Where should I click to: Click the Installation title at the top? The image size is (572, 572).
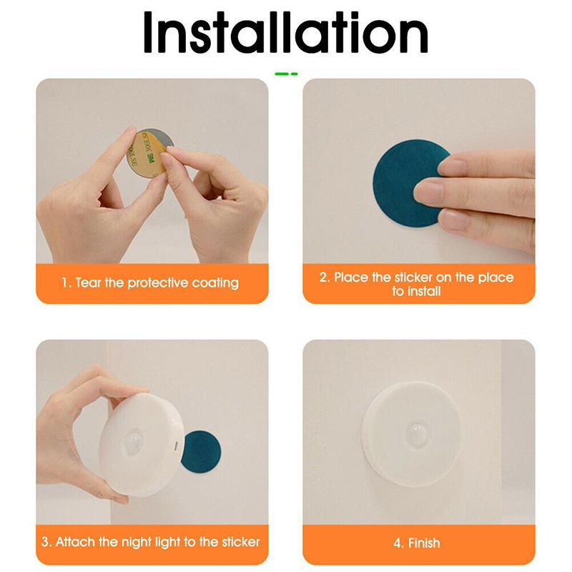point(286,32)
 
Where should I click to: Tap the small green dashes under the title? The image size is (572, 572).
point(286,73)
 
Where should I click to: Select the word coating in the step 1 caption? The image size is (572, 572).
point(215,283)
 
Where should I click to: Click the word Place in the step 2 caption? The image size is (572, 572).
point(351,277)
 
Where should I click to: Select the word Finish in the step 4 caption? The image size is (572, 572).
point(425,542)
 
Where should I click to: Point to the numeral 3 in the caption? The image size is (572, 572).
point(46,542)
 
